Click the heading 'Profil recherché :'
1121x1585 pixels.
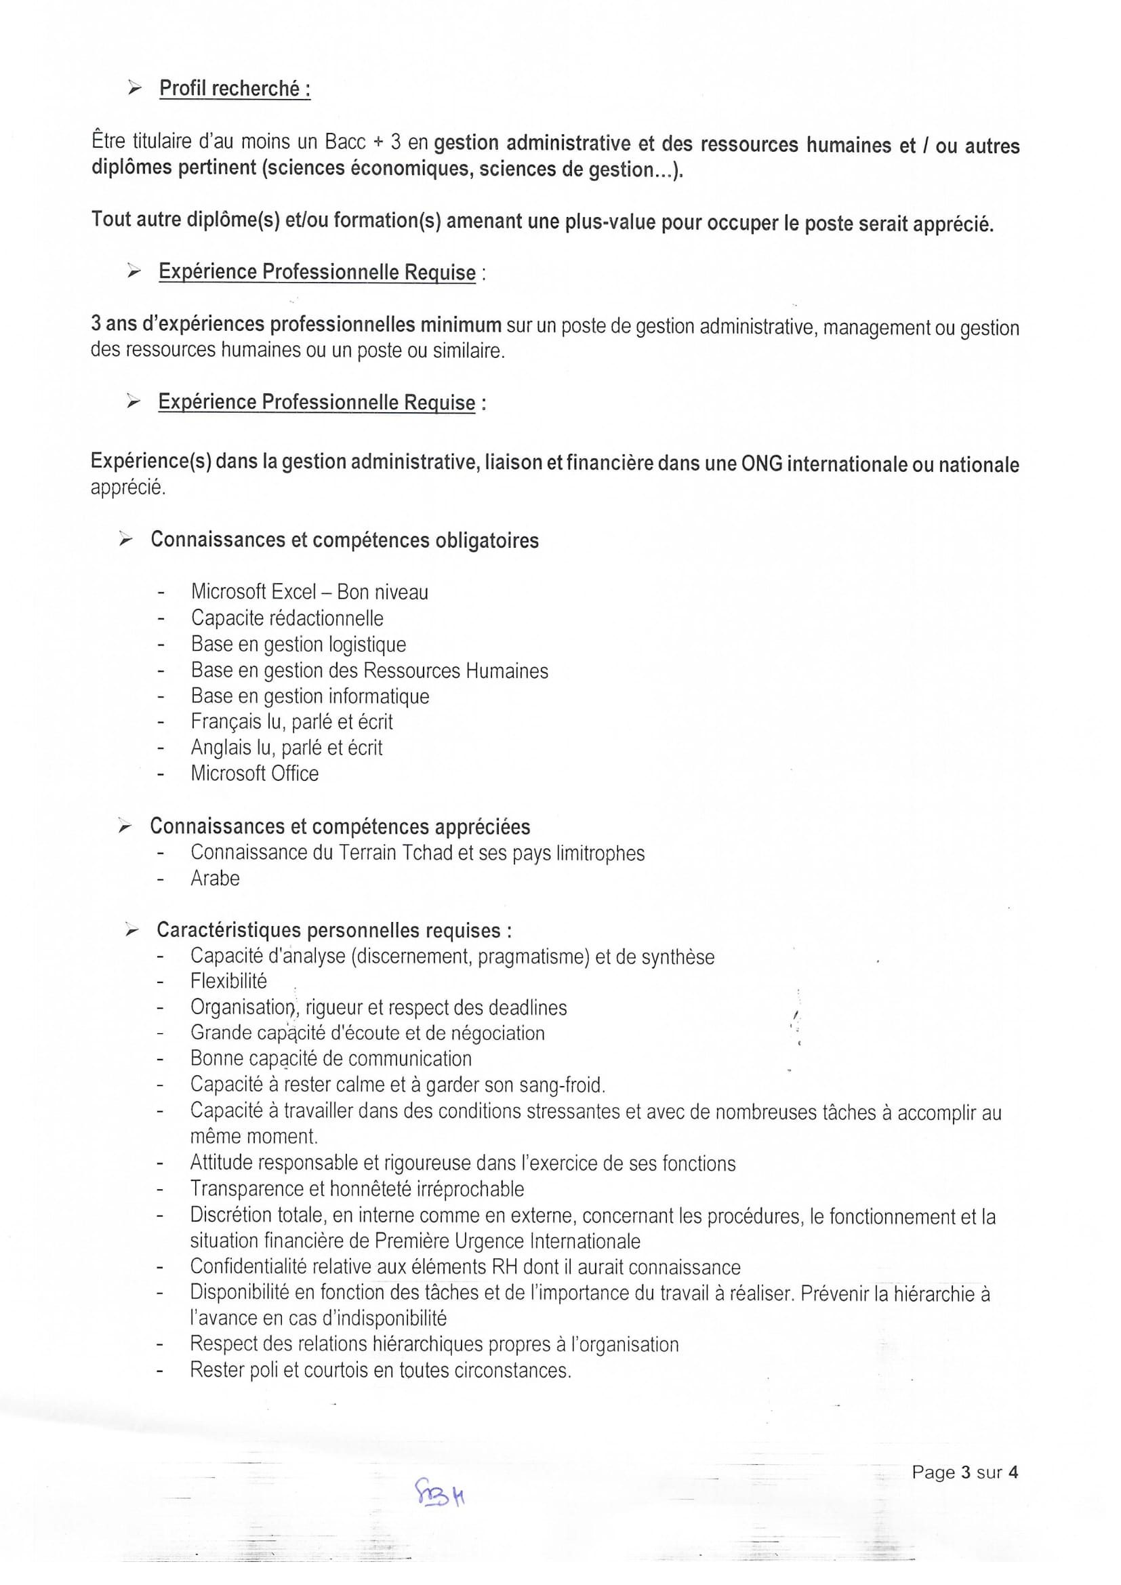(x=235, y=89)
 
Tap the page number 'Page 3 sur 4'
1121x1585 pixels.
(x=964, y=1472)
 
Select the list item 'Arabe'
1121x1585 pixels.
(x=216, y=879)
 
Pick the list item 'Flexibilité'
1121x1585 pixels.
(x=228, y=981)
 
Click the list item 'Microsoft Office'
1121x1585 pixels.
(x=255, y=774)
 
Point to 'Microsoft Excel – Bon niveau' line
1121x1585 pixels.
(x=309, y=593)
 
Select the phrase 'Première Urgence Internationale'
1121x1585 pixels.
(x=508, y=1241)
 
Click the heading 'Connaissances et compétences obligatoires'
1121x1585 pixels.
(x=344, y=540)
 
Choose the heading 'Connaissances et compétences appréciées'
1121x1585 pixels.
(x=340, y=827)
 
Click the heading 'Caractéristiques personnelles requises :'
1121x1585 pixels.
(x=334, y=931)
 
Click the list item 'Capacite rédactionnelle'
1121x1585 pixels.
(x=287, y=618)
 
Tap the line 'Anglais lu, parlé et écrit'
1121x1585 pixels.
(x=287, y=748)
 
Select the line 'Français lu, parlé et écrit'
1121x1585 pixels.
(x=292, y=722)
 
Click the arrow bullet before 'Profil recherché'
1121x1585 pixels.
(x=135, y=88)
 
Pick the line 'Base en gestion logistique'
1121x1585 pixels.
(x=298, y=645)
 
